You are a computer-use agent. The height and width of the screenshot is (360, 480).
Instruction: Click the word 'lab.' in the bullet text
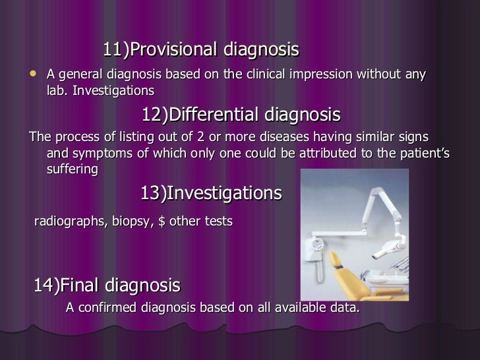click(x=58, y=90)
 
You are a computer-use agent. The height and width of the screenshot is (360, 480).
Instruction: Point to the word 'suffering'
click(x=73, y=169)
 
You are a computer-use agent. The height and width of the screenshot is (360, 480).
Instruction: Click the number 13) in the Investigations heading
click(x=152, y=193)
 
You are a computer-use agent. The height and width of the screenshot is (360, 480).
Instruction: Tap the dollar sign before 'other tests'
click(x=162, y=222)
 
